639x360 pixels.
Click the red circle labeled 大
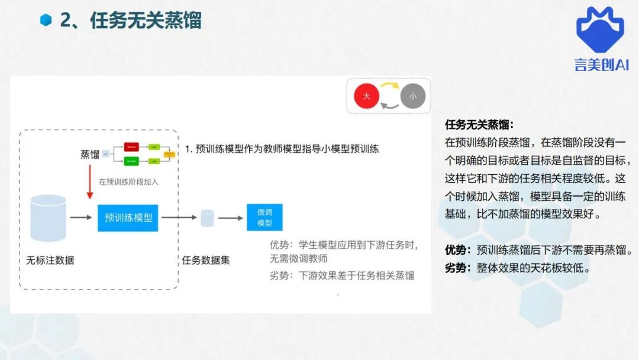pyautogui.click(x=366, y=96)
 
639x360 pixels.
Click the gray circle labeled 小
pyautogui.click(x=412, y=96)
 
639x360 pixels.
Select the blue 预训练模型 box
pyautogui.click(x=128, y=217)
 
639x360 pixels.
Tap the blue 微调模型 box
pyautogui.click(x=264, y=217)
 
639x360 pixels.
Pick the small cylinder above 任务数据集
pyautogui.click(x=207, y=218)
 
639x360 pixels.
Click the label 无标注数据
pyautogui.click(x=50, y=259)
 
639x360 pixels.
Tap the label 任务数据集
pyautogui.click(x=206, y=259)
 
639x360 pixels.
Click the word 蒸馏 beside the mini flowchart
pyautogui.click(x=90, y=154)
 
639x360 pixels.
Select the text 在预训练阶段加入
pyautogui.click(x=128, y=182)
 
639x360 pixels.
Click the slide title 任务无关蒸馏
pyautogui.click(x=146, y=20)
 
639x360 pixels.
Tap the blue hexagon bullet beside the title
pyautogui.click(x=46, y=20)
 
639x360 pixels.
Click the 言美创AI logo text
pyautogui.click(x=601, y=65)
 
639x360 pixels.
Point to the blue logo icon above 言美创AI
pyautogui.click(x=600, y=29)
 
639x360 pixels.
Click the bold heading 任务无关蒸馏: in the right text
pyautogui.click(x=479, y=125)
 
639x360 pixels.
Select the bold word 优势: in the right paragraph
pyautogui.click(x=459, y=250)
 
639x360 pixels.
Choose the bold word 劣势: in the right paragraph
pyautogui.click(x=459, y=268)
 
